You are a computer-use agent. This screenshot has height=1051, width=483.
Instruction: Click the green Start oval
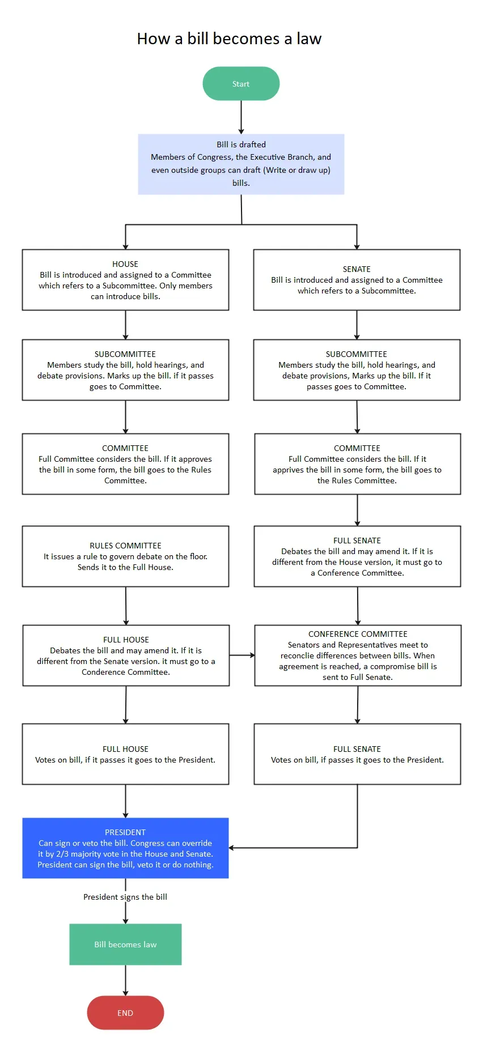[241, 84]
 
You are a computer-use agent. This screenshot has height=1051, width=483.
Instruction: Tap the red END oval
[125, 1012]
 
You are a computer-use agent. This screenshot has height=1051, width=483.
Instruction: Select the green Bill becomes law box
[125, 944]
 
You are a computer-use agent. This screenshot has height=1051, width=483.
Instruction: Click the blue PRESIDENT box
[125, 848]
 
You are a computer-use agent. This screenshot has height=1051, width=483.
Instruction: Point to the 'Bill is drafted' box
[241, 164]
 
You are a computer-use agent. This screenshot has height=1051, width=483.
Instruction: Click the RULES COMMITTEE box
[125, 556]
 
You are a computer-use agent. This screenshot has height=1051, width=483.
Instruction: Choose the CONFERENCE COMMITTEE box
[358, 656]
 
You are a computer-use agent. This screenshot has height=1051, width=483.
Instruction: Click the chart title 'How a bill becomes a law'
[229, 39]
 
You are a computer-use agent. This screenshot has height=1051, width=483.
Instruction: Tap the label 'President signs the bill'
[125, 897]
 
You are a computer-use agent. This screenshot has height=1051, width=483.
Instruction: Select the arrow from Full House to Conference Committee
[242, 656]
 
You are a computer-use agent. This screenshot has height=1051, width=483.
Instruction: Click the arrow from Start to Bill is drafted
[241, 117]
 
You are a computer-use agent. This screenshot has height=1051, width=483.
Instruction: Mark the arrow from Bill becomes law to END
[125, 980]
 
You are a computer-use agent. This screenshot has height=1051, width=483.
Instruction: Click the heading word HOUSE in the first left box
[125, 264]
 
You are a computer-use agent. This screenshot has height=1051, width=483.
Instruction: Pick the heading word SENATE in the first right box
[357, 269]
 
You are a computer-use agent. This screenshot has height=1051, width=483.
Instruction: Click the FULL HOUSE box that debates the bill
[126, 656]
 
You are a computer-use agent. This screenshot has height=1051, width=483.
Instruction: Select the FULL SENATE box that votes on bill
[357, 754]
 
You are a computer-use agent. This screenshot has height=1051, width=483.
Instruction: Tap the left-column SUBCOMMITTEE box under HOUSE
[125, 370]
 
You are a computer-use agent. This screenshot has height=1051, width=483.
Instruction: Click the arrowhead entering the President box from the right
[232, 848]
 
